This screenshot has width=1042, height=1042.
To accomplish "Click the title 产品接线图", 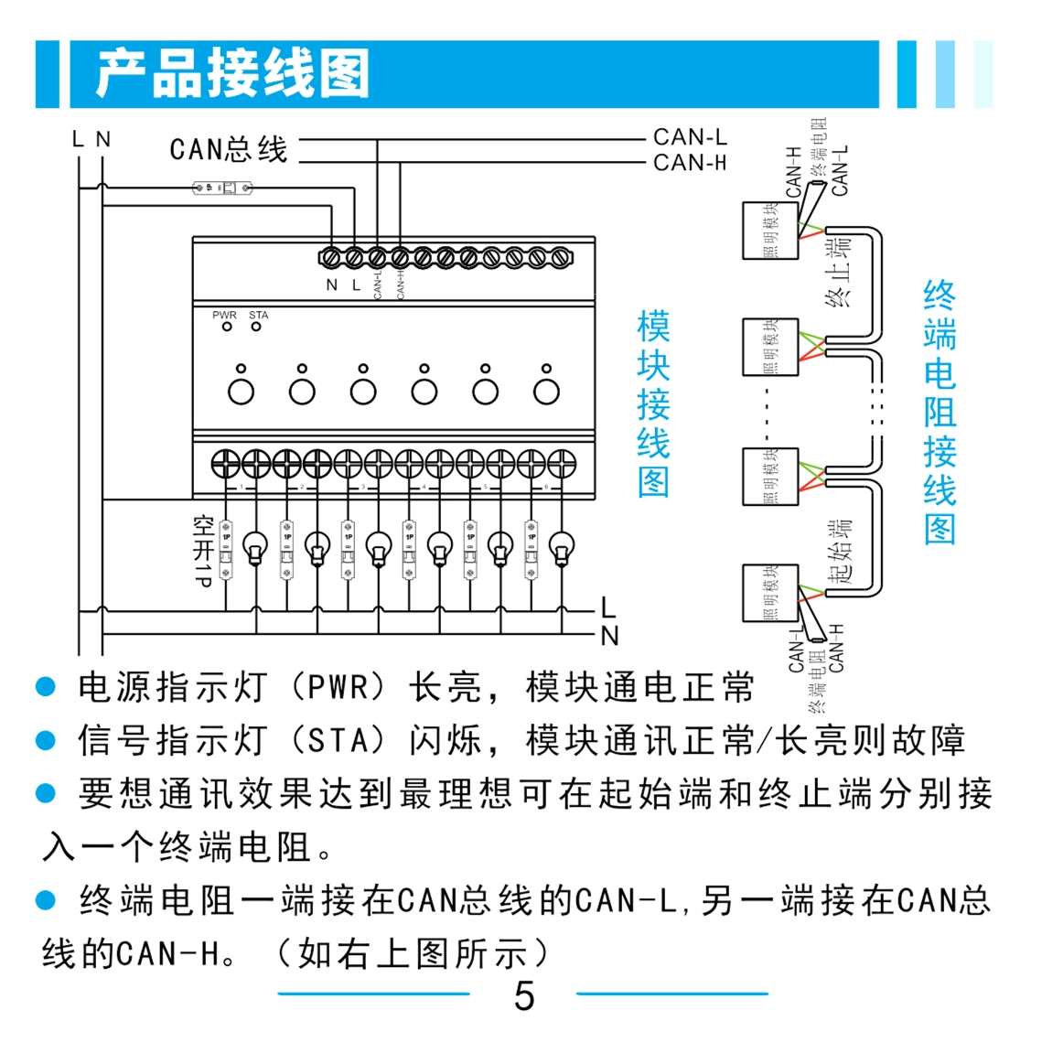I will (x=232, y=74).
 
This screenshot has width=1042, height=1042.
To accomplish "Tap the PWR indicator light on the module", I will (x=227, y=327).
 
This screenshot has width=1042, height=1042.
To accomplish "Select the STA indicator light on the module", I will (x=256, y=327).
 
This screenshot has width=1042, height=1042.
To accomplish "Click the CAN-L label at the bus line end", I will (x=690, y=137).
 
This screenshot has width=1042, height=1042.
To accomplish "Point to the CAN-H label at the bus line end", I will (x=690, y=163).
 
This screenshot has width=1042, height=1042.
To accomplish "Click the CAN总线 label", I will (x=229, y=149).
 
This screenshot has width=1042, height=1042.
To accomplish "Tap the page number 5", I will (x=523, y=995).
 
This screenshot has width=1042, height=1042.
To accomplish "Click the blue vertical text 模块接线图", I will (x=653, y=403).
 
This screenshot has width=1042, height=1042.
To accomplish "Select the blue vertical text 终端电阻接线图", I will (x=940, y=413).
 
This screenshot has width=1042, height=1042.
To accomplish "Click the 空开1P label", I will (x=203, y=550).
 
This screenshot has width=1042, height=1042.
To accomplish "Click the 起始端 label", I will (x=840, y=551).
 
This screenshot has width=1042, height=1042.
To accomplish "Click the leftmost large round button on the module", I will (x=241, y=392).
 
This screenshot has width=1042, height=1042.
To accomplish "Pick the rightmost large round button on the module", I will (x=546, y=392).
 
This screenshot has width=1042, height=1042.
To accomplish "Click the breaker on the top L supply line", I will (x=222, y=188).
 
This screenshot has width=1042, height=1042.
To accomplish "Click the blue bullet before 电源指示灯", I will (x=46, y=687).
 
